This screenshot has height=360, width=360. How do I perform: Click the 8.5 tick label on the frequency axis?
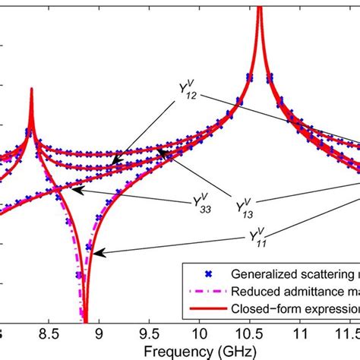tap(48, 333)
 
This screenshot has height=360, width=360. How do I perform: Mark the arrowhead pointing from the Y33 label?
tap(77, 192)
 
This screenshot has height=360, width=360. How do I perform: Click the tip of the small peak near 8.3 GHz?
tap(31, 89)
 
